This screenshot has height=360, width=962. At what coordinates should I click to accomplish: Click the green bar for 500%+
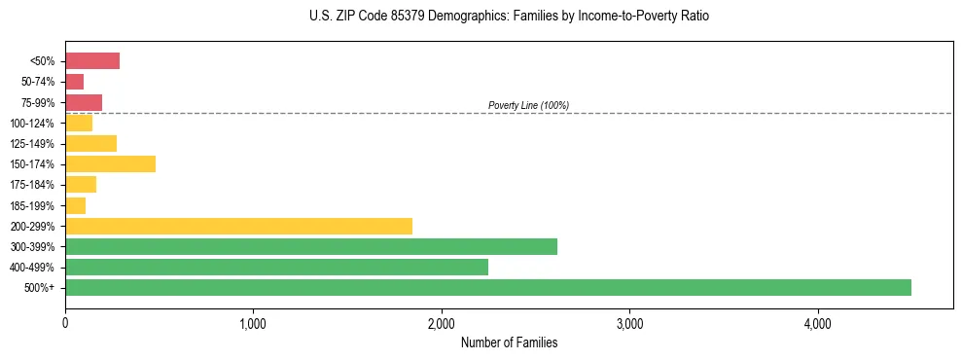click(487, 287)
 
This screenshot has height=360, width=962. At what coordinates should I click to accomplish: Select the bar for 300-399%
click(311, 246)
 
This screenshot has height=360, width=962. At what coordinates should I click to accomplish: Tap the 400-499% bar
click(276, 267)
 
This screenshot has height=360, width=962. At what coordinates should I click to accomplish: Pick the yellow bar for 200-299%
click(238, 226)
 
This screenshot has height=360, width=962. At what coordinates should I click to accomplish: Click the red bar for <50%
click(92, 61)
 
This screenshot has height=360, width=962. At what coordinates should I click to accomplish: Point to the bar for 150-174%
click(110, 163)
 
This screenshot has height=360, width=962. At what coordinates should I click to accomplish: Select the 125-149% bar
click(90, 143)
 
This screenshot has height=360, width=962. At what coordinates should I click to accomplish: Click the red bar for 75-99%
click(84, 102)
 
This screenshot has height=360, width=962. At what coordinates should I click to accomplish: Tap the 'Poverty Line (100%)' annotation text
click(528, 105)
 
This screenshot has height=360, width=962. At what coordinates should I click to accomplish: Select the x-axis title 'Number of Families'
click(509, 342)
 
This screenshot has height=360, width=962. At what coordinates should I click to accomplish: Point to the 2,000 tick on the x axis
click(441, 323)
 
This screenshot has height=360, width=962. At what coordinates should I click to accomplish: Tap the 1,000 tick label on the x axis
click(253, 323)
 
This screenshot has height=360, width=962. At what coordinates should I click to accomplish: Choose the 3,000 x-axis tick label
click(629, 323)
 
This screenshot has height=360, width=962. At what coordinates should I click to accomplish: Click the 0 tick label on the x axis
click(65, 323)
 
